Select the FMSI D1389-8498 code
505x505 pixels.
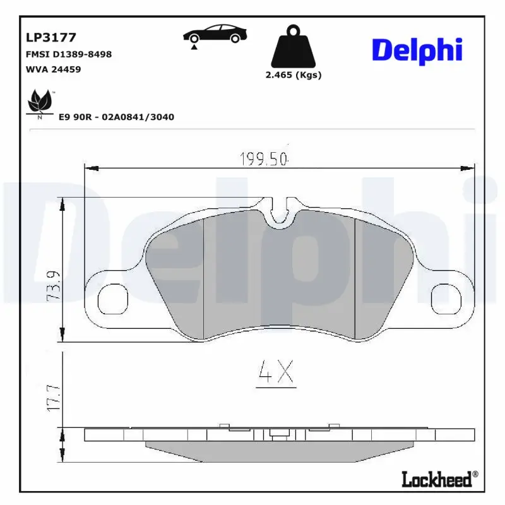(x=69, y=54)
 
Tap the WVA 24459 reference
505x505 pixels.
(x=53, y=69)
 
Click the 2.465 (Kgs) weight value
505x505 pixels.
(x=292, y=74)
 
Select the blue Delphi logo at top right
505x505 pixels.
(x=417, y=50)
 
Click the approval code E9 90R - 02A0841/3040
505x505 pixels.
(x=116, y=117)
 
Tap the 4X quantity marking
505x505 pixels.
(x=276, y=374)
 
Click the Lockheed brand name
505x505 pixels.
(x=436, y=480)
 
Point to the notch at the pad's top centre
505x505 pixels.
(x=278, y=215)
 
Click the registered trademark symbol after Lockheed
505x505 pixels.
(x=475, y=474)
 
